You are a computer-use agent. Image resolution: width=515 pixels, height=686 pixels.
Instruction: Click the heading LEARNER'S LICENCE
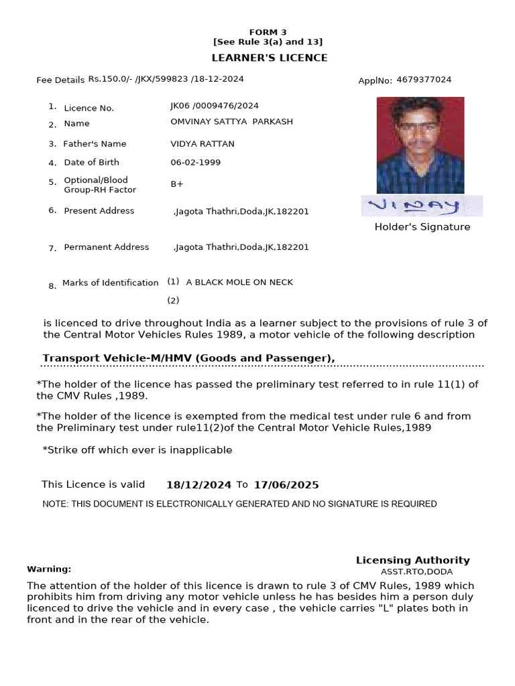coord(270,58)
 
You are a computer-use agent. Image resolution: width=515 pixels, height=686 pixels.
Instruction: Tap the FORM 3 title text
coord(268,32)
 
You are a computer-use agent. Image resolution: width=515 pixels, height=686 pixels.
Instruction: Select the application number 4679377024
coord(424,80)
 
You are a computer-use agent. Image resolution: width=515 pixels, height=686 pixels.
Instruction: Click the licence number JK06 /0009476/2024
coord(215,106)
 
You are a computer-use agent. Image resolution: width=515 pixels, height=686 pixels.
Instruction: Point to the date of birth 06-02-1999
coord(195,162)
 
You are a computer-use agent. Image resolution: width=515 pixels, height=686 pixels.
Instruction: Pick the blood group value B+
coord(177,184)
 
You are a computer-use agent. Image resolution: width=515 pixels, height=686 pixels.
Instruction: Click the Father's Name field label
coord(95,144)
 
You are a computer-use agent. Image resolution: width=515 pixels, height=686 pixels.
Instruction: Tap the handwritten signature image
coord(422,206)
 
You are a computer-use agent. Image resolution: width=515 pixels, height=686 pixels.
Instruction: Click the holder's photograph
coord(420,145)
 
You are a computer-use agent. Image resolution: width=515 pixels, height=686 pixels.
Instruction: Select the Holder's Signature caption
coord(422,227)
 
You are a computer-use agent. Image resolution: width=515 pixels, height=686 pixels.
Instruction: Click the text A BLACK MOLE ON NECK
coord(239,282)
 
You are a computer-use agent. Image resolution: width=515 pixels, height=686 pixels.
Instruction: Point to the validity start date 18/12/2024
coord(198,485)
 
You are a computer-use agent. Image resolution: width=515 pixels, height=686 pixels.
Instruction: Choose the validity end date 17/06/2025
coord(286,485)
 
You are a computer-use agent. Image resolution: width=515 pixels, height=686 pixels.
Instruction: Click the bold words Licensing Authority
coord(412,560)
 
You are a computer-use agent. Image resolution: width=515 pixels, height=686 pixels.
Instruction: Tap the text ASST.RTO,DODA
coord(416,572)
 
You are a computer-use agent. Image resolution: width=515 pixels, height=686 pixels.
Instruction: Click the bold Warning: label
coord(49,569)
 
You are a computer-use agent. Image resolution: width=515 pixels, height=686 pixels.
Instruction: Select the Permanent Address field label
coord(107,247)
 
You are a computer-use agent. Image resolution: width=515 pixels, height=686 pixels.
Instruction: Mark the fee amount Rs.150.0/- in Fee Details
coord(111,79)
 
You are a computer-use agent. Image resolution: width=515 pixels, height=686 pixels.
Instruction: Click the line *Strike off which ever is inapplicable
coord(137,450)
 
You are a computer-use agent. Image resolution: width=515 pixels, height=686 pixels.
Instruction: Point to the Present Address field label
coord(99,210)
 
